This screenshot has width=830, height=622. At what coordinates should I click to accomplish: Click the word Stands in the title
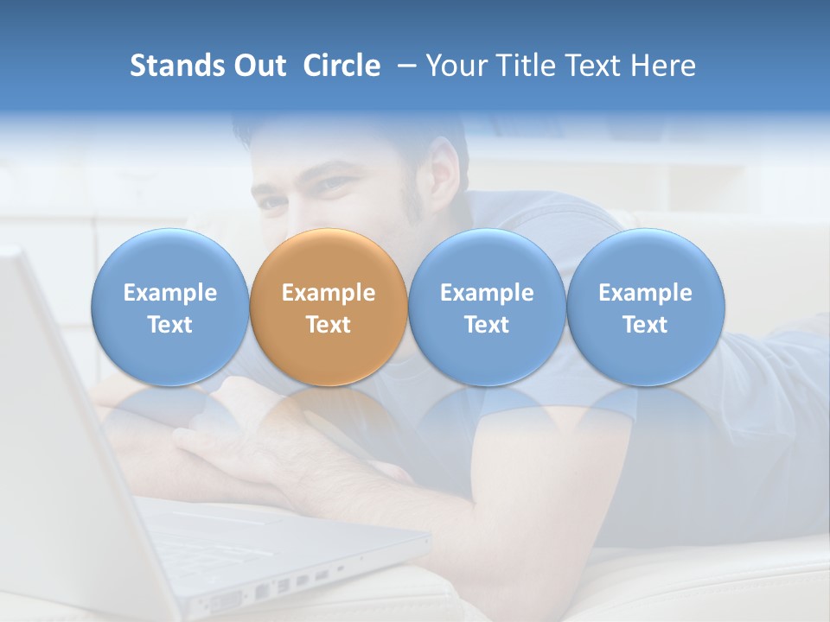pyautogui.click(x=176, y=66)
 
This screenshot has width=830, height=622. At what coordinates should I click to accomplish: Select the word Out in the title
pyautogui.click(x=259, y=66)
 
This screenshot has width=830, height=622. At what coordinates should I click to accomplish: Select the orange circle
pyautogui.click(x=329, y=307)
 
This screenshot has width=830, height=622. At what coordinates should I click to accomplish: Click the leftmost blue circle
pyautogui.click(x=169, y=307)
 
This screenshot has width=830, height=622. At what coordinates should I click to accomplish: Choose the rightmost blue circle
pyautogui.click(x=646, y=307)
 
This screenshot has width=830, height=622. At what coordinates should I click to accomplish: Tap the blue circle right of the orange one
pyautogui.click(x=487, y=307)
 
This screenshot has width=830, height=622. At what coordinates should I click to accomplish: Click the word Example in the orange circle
pyautogui.click(x=329, y=293)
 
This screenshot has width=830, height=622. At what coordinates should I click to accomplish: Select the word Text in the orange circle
pyautogui.click(x=329, y=325)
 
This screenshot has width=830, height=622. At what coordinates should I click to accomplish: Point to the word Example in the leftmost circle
pyautogui.click(x=169, y=293)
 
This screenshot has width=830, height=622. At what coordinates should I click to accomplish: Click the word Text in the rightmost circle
pyautogui.click(x=646, y=325)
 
